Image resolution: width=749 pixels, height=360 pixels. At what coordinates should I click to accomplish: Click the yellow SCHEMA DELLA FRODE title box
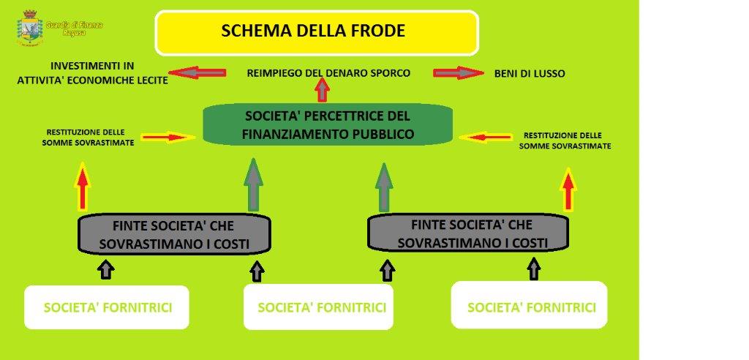(316, 32)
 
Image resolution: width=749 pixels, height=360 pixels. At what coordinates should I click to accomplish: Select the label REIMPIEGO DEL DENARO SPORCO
(328, 73)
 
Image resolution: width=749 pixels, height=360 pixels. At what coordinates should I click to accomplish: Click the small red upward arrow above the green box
(322, 90)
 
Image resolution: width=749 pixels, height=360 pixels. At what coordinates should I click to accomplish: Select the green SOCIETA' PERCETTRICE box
(327, 124)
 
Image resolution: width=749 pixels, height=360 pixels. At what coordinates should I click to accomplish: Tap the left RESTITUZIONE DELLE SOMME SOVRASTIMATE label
(90, 138)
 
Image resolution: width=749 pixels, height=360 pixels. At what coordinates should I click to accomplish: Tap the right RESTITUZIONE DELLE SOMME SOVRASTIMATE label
(565, 140)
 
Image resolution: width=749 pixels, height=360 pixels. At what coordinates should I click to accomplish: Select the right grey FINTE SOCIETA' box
(467, 233)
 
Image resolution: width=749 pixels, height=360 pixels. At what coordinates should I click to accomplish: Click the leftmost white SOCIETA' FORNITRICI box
(107, 307)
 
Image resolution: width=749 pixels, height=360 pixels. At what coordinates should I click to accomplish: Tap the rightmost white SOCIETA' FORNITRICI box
(530, 306)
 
